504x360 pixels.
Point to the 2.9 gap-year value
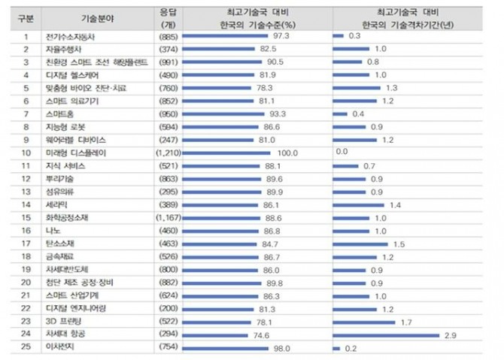[451, 334]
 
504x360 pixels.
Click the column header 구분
[25, 17]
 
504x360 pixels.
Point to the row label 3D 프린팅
[62, 321]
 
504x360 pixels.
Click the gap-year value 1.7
[406, 321]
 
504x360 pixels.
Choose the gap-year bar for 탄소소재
[362, 244]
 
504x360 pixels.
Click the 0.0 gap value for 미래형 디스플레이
[342, 153]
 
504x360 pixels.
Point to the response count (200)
[167, 308]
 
